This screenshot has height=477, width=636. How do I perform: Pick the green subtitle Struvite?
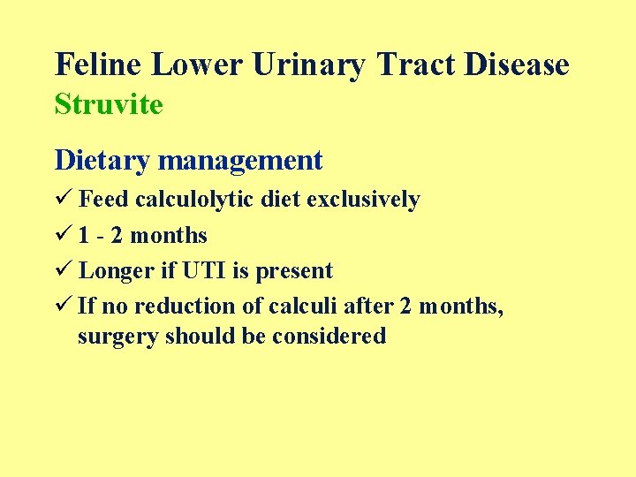tap(109, 104)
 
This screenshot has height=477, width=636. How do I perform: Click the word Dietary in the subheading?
tap(103, 161)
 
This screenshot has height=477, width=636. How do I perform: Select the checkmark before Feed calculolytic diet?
tap(63, 200)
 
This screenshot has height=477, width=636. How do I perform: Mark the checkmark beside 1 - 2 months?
tap(63, 236)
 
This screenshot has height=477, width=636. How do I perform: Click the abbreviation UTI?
tap(206, 271)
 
